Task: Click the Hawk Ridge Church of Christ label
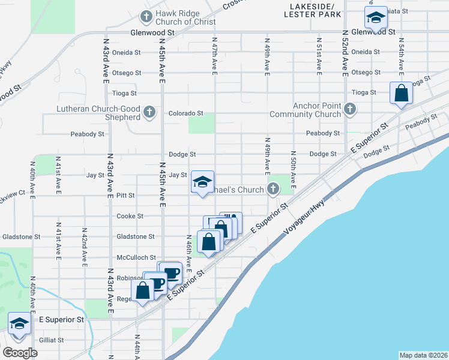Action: click(x=177, y=17)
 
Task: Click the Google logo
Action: click(x=20, y=353)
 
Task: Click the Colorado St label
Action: click(x=186, y=113)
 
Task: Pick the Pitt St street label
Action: click(x=125, y=196)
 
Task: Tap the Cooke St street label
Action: click(x=130, y=216)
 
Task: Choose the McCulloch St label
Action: click(x=136, y=257)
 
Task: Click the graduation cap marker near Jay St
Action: click(x=203, y=181)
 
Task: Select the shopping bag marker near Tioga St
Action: click(x=401, y=93)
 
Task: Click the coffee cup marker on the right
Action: click(x=171, y=272)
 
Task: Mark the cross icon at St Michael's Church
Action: click(x=273, y=190)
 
